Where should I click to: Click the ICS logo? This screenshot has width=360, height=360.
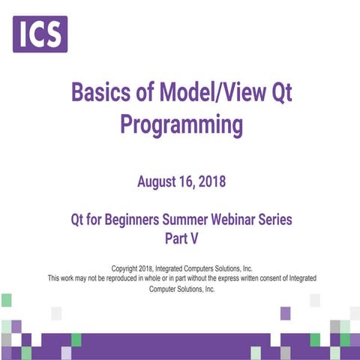click(x=40, y=34)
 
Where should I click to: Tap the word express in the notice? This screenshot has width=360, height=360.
click(x=227, y=277)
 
